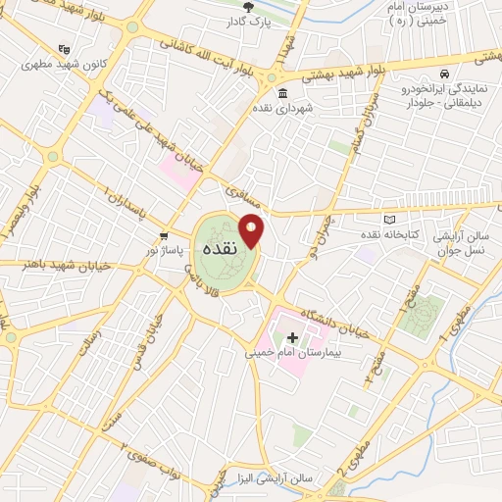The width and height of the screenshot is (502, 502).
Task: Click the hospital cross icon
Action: tap(292, 337)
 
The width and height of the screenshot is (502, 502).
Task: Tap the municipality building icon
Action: tap(282, 93)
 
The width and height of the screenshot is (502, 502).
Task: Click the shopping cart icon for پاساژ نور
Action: tap(164, 237)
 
